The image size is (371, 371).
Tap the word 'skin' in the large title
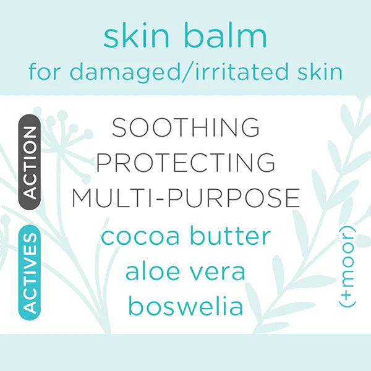point(136,35)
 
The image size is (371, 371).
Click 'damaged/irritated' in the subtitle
point(179,72)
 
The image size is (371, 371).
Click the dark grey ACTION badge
point(29,162)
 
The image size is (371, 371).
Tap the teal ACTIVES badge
point(29,273)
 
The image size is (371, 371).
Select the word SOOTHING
point(185,127)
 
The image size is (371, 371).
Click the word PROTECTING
point(185,162)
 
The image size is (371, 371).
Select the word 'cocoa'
point(140,237)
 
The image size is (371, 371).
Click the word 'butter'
point(231,236)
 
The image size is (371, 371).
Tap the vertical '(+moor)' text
point(348,267)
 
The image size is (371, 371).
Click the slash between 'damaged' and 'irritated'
point(187,72)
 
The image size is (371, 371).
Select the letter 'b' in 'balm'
point(193,35)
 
